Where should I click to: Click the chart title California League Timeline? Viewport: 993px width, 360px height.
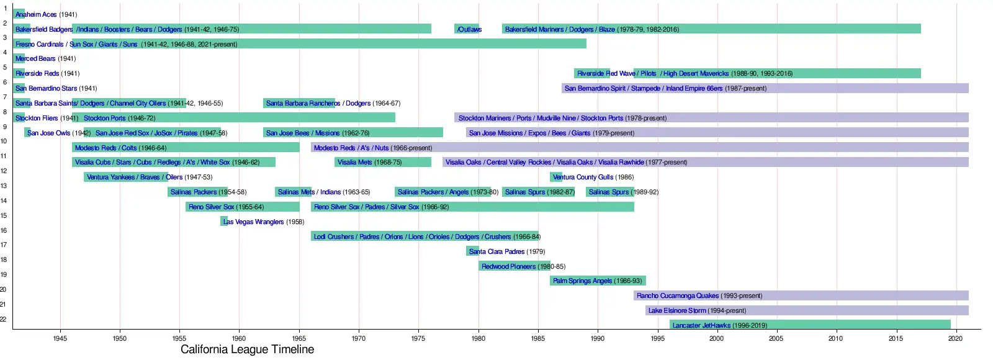pos(247,349)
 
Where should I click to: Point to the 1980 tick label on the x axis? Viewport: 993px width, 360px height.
pos(478,338)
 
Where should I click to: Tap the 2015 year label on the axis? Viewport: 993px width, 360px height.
pos(896,338)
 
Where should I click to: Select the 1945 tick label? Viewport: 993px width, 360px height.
pos(60,338)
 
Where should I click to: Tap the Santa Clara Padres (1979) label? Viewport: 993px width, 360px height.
pos(506,251)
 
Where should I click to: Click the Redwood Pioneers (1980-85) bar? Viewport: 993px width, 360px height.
pos(514,266)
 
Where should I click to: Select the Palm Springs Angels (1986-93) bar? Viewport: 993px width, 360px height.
pos(598,281)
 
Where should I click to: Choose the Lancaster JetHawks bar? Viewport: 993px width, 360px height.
pos(810,325)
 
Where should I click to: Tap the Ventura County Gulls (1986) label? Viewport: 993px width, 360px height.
pos(593,177)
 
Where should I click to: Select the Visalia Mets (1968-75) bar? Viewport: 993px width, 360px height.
pos(382,162)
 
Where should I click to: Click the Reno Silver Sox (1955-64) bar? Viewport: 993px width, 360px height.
pos(243,207)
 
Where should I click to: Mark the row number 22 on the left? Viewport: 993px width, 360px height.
pos(3,319)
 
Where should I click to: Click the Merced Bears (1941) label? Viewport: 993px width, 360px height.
pos(45,58)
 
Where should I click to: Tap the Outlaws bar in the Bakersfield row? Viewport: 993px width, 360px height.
pos(467,29)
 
